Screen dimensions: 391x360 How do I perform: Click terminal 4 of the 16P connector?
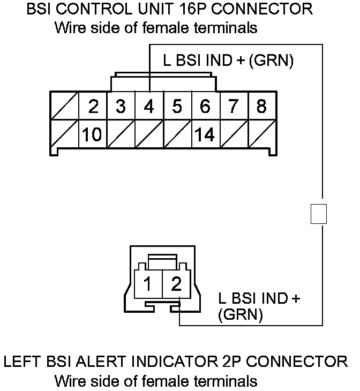click(149, 107)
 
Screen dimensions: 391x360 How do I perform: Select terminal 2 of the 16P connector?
click(93, 107)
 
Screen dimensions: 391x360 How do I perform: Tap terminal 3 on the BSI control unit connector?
click(121, 107)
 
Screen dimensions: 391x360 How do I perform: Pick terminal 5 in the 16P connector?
click(177, 107)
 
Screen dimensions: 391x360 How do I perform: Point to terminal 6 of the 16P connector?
click(205, 107)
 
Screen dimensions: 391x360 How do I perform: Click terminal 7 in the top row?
click(233, 107)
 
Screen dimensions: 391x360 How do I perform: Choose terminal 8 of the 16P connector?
click(261, 107)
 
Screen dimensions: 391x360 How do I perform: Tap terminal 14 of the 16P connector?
click(205, 134)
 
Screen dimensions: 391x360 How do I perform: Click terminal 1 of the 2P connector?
click(148, 282)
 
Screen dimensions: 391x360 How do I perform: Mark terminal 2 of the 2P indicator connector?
click(176, 282)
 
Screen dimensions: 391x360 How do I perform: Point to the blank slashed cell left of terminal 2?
click(64, 107)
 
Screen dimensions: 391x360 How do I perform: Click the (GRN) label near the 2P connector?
click(241, 314)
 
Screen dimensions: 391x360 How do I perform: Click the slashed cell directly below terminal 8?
click(261, 134)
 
